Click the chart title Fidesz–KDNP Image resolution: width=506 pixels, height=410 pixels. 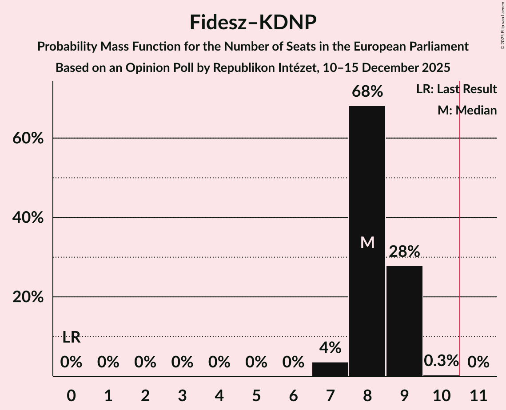coord(253,22)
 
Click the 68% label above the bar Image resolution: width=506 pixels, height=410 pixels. coord(367,92)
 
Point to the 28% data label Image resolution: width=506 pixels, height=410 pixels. coord(404,252)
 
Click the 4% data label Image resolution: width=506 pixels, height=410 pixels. coord(330,347)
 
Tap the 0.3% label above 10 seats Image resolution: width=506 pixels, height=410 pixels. coord(441,361)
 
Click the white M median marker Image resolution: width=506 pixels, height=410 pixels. coord(367,242)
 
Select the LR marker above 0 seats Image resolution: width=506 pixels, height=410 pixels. coord(71,338)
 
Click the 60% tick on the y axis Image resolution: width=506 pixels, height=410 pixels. coord(28,138)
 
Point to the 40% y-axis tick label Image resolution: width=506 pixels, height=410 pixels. coord(28,218)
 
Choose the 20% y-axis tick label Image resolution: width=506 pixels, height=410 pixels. coord(28,297)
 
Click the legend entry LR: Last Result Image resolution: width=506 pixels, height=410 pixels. coord(456,89)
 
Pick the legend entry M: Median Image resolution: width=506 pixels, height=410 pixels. coord(467,110)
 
